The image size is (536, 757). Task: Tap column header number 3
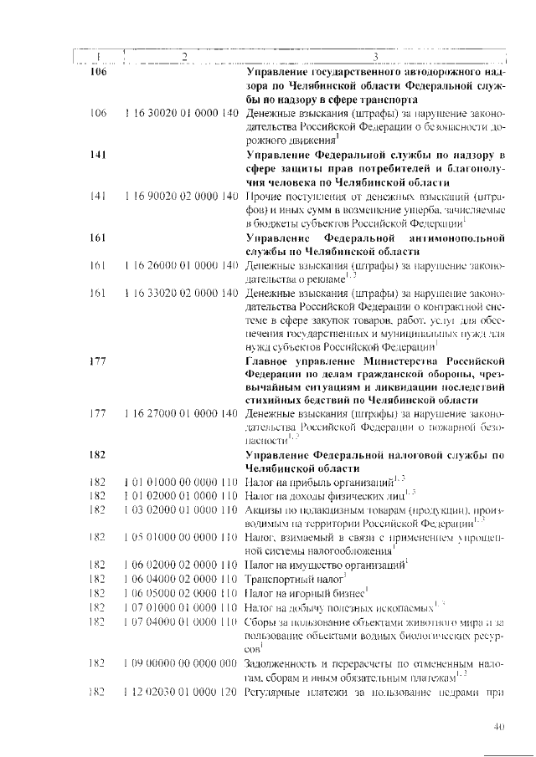pyautogui.click(x=376, y=56)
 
